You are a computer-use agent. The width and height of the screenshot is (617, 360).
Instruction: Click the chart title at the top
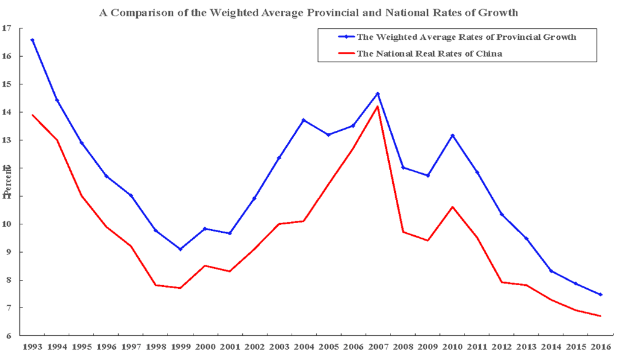(308, 12)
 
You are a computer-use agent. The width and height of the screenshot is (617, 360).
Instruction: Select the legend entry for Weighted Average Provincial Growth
(466, 37)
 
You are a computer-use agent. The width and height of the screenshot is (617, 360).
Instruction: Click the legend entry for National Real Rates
(429, 53)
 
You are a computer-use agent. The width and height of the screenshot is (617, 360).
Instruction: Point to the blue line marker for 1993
(32, 40)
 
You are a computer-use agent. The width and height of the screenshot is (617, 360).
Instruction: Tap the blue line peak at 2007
(378, 93)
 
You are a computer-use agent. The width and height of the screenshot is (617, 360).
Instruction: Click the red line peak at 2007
(378, 107)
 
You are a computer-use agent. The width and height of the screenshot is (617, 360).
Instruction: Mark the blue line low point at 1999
(180, 249)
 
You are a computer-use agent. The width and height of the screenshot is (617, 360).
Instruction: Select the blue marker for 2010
(452, 135)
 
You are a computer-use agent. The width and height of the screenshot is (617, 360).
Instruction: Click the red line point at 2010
(452, 207)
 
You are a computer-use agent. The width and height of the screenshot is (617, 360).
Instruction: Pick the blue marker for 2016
(600, 294)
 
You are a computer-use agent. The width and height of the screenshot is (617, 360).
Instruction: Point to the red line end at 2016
(600, 316)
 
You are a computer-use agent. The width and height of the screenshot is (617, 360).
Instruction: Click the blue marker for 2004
(304, 120)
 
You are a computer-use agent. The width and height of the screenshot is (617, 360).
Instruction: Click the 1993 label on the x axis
(32, 348)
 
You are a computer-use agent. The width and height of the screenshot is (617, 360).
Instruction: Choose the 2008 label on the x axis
(402, 348)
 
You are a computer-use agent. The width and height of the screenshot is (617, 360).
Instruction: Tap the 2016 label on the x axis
(600, 348)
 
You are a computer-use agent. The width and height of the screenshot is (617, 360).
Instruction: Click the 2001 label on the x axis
(230, 348)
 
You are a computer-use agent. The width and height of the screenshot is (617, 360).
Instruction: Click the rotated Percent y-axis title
(7, 182)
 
